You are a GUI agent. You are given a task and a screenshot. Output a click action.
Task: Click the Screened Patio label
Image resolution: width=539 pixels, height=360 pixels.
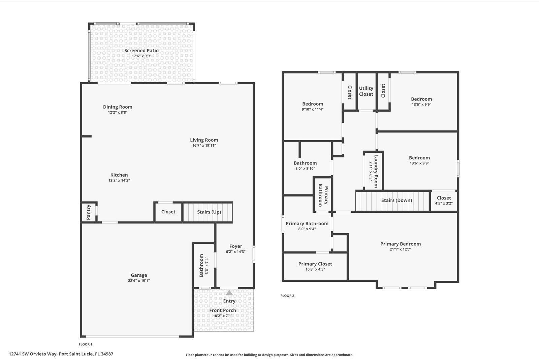141,51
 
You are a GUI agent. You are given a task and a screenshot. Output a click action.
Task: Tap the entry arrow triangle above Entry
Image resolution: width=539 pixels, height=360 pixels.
229,293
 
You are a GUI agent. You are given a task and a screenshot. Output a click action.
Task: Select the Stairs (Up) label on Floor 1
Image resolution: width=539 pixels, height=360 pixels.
209,212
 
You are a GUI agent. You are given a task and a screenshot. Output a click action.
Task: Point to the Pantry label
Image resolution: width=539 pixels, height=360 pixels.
89,212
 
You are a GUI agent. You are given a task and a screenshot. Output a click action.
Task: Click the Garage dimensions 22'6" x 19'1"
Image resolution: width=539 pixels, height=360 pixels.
139,280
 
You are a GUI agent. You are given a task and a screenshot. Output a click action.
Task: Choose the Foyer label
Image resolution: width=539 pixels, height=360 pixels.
236,246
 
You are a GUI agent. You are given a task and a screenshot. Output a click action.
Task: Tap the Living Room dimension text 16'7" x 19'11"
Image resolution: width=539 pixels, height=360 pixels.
204,146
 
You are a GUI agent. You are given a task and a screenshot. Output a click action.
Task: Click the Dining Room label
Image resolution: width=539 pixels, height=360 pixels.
118,107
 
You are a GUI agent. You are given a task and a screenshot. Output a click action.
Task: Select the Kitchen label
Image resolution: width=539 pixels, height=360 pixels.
119,175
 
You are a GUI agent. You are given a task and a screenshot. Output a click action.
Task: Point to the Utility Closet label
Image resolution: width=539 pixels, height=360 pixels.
366,91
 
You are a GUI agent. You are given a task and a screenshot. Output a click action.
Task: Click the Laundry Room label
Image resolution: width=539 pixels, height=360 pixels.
376,171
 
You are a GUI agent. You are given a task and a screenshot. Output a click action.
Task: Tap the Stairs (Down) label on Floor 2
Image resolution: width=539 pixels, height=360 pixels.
397,200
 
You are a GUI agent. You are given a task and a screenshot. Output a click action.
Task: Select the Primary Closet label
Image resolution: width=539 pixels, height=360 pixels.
315,264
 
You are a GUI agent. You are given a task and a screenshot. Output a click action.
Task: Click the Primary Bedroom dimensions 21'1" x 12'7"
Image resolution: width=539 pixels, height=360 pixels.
401,249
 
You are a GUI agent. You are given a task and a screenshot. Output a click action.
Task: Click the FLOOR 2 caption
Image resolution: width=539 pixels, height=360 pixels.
287,296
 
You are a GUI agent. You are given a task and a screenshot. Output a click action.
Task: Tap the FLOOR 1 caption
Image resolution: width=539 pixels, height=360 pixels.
85,344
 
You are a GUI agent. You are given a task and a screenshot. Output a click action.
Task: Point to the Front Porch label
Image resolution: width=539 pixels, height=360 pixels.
223,310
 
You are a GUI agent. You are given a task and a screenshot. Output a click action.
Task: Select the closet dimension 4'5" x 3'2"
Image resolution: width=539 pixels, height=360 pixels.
444,203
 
